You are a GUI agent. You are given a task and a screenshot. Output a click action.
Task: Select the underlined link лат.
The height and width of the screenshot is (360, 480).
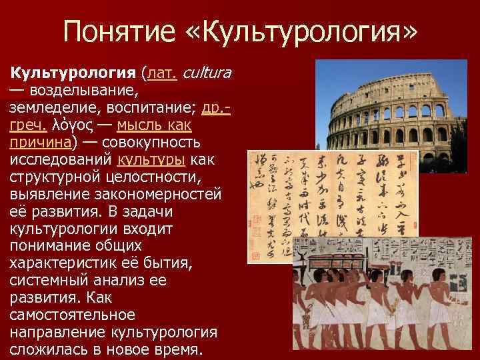[x=163, y=71]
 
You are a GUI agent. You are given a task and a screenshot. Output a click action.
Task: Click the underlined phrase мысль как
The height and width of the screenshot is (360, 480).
[x=155, y=125]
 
